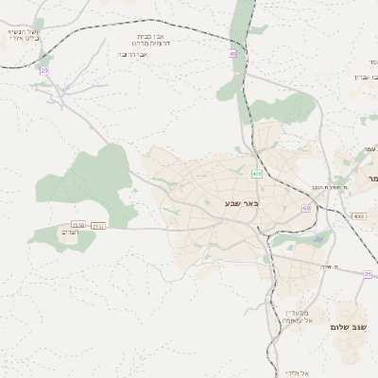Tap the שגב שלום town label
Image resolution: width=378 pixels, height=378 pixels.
(349, 327)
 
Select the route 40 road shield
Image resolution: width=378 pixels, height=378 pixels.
(232, 54)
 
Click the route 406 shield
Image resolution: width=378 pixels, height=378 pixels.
(256, 174)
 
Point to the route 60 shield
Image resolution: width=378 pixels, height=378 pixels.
(306, 207)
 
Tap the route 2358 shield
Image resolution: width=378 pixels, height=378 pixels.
(77, 225)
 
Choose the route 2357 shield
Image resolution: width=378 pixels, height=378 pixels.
(98, 226)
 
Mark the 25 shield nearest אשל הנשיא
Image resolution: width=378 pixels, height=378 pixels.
(43, 71)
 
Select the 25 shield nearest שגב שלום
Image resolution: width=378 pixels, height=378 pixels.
(368, 274)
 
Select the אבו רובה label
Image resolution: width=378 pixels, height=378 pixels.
(133, 54)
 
